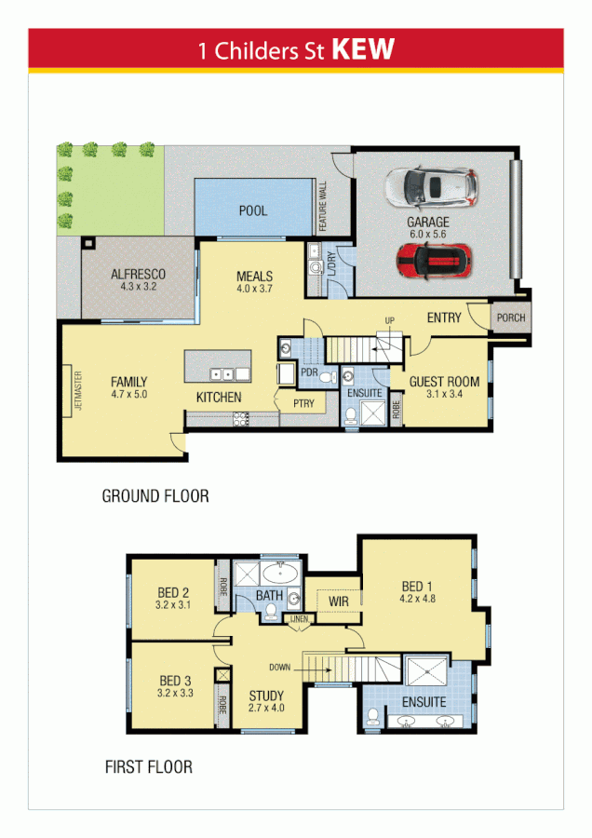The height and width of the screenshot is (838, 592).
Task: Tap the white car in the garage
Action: point(433,187)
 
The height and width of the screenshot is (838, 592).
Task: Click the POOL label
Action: point(253,210)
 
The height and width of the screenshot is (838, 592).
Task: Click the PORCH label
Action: point(510,318)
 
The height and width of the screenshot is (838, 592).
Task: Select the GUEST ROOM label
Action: point(444,381)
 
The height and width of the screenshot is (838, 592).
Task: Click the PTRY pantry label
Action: point(303,404)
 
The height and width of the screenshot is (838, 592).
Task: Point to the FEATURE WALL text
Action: point(324,207)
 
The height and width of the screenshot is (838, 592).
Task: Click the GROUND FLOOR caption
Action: point(155,496)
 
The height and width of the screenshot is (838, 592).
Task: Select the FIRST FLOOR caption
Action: point(149,767)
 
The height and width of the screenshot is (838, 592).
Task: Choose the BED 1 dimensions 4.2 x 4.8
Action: point(416,601)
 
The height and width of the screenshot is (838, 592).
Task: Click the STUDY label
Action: point(266,696)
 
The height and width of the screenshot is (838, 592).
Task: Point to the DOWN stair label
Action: point(279,667)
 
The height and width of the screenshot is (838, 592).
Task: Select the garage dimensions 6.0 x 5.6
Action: point(427,236)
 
